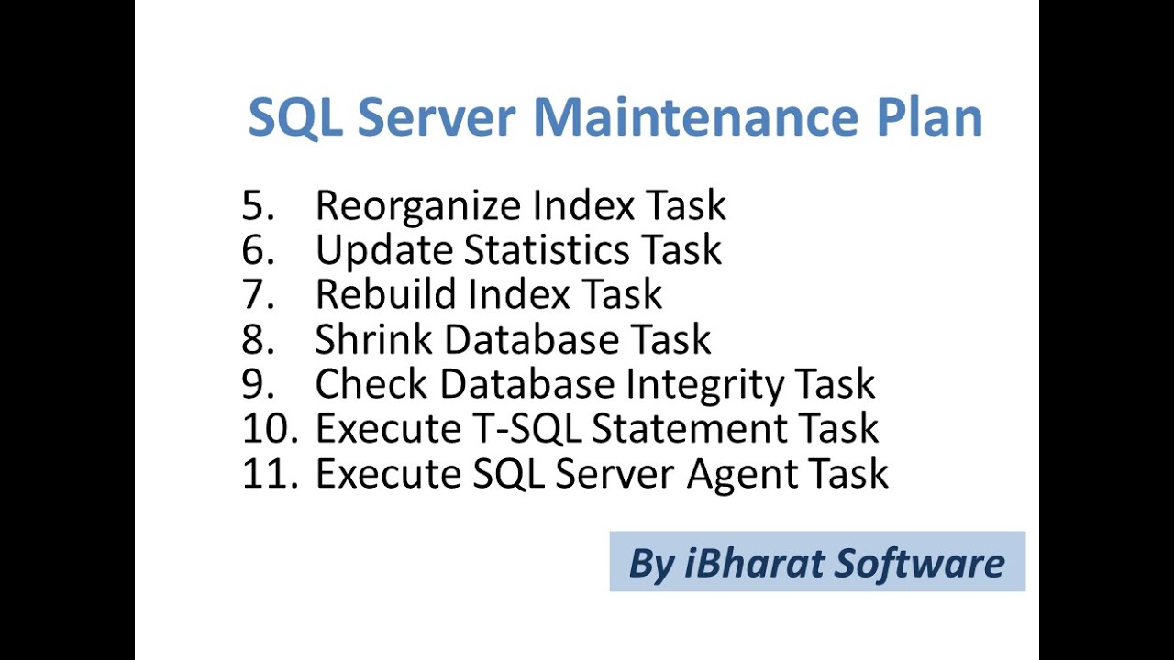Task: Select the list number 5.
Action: pyautogui.click(x=258, y=206)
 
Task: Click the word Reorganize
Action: pyautogui.click(x=418, y=206)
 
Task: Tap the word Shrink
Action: pyautogui.click(x=373, y=339)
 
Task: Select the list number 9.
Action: pyautogui.click(x=258, y=384)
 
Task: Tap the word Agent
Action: pyautogui.click(x=740, y=474)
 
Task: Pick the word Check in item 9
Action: pyautogui.click(x=371, y=384)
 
